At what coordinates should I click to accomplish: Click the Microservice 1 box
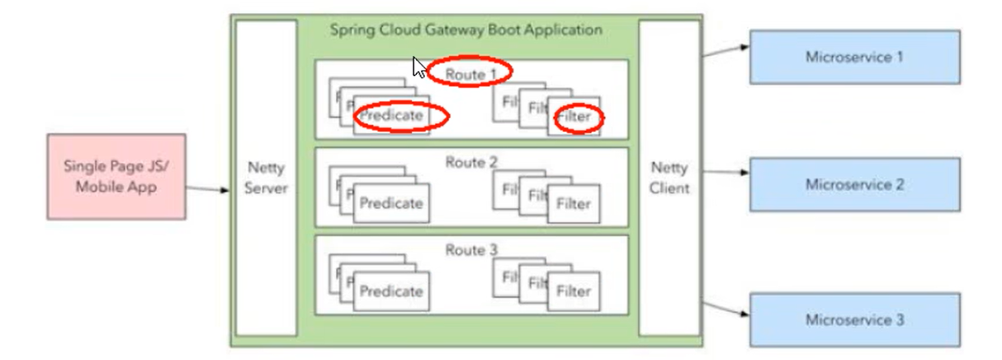pos(854,57)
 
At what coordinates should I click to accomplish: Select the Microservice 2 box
pos(854,184)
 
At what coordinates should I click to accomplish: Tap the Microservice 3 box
pos(854,320)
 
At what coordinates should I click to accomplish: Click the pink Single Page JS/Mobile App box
pos(116,177)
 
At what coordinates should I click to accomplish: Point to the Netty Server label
pos(266,178)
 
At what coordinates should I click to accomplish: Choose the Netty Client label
pos(669,178)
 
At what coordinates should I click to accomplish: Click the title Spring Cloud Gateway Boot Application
pos(466,30)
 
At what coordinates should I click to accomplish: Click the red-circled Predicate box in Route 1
pos(391,117)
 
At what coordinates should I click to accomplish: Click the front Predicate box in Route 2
pos(391,203)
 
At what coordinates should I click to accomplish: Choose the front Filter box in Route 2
pos(574,203)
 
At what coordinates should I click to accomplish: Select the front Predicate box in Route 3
pos(391,291)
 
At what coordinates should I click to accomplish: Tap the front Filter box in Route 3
pos(574,291)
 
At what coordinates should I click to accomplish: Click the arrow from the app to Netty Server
pos(207,189)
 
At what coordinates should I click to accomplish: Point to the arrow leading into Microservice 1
pos(726,52)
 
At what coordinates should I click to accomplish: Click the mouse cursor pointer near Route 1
pos(419,66)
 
